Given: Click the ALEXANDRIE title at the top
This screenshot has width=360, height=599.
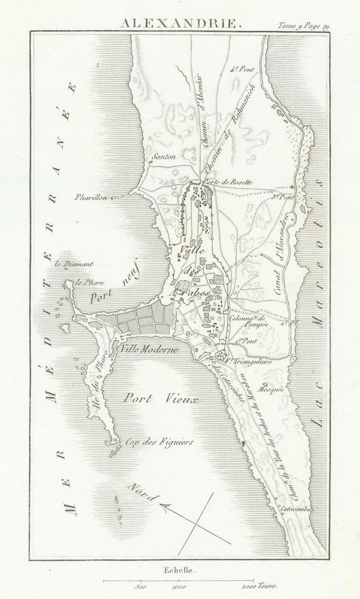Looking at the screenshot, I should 179,23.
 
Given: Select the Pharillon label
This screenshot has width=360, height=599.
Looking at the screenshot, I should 91,197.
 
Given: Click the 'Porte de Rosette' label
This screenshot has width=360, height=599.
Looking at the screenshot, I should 227,182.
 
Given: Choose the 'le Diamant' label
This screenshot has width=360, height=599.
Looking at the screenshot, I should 74,264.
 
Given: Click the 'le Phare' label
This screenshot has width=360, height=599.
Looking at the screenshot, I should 90,282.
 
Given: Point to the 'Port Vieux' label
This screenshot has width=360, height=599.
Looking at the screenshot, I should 161,399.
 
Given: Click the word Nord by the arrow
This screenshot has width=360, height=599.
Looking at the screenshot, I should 143,491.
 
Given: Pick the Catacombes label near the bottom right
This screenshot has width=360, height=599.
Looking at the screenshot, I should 295,509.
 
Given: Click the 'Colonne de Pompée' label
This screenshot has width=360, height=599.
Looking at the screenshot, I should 249,321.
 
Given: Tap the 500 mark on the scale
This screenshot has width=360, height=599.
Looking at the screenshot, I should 140,587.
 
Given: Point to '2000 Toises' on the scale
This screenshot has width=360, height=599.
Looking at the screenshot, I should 260,587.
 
